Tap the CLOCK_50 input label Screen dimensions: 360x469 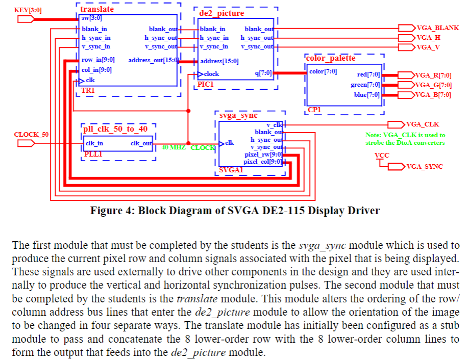point(31,135)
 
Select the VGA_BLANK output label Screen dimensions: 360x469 point(437,28)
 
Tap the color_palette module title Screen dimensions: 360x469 point(330,58)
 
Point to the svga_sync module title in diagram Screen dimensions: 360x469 point(238,116)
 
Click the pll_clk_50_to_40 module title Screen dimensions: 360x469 point(115,129)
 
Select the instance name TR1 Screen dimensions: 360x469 point(88,90)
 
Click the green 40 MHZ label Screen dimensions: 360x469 point(174,147)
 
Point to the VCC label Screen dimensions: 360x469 point(381,155)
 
